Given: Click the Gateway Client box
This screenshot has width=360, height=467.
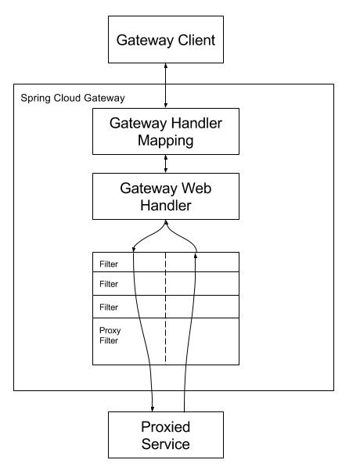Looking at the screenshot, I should coord(165,38).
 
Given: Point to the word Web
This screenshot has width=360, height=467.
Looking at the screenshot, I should coord(193,189).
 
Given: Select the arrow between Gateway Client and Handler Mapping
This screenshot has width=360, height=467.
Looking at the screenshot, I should coord(165,85).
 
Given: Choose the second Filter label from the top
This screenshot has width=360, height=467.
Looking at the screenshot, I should coord(109,285).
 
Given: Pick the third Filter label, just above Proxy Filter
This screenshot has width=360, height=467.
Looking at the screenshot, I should coord(109,307).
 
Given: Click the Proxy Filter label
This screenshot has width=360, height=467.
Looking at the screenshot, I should coord(110,336).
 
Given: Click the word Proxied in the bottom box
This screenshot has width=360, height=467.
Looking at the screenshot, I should coord(165,429).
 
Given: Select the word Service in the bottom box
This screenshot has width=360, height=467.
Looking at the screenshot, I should coord(165,444).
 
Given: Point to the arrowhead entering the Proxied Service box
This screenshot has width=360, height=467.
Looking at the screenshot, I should coord(152,407).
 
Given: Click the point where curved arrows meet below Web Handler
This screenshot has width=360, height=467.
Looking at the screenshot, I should coord(165,222).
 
